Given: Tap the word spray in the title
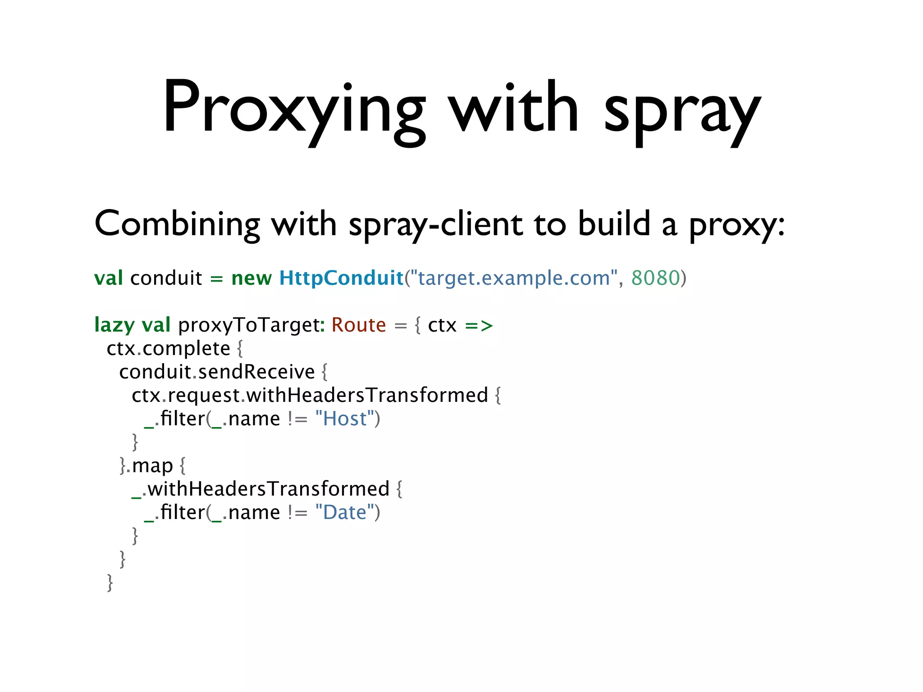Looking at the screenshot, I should pos(681,110).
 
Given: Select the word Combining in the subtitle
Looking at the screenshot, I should pos(177,224).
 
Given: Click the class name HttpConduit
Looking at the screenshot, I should pos(341,278).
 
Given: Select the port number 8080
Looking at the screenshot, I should pos(655,278).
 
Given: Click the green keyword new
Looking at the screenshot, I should pos(251,278).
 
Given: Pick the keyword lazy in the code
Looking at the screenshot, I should pos(114,325).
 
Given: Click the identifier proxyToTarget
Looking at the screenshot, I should pos(250,325).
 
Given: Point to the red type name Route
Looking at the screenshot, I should pos(359,325).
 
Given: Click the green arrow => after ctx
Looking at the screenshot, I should pos(479,325).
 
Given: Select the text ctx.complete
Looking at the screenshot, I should pos(169,349).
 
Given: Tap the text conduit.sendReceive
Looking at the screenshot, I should pos(217,372).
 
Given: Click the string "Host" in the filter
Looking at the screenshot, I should pos(345,419).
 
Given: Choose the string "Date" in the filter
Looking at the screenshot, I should pos(345,513).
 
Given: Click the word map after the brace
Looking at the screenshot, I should pos(152,466).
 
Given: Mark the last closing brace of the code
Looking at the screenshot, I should pos(110,583).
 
